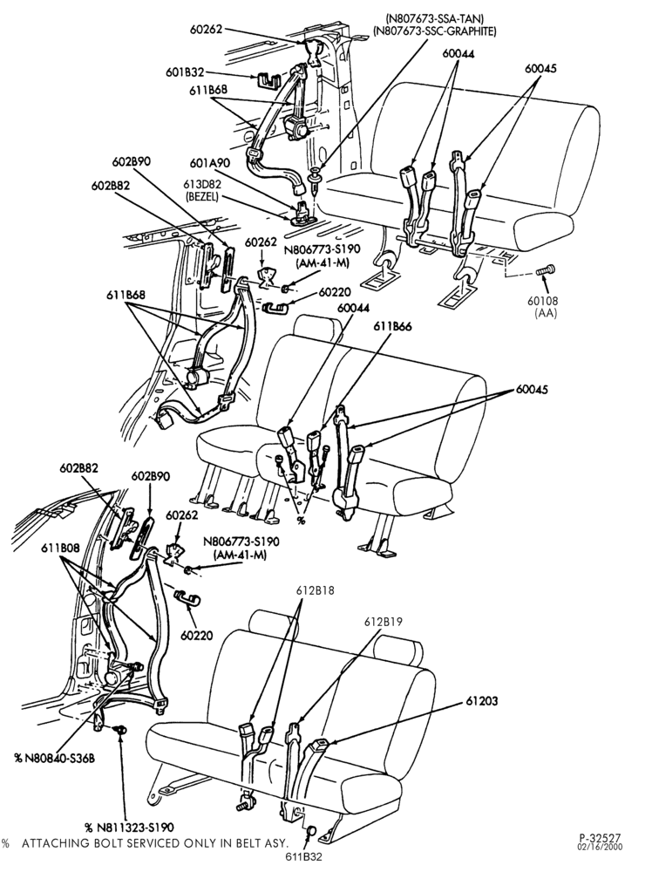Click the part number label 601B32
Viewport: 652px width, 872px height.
pyautogui.click(x=186, y=72)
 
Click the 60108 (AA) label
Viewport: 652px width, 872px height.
pyautogui.click(x=545, y=307)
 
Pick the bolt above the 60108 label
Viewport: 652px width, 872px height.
pyautogui.click(x=544, y=271)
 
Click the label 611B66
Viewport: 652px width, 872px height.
pyautogui.click(x=392, y=326)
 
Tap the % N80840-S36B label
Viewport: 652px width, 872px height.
pyautogui.click(x=55, y=758)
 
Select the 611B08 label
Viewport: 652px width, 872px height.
pyautogui.click(x=60, y=548)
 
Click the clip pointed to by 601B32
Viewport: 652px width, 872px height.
pyautogui.click(x=268, y=80)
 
